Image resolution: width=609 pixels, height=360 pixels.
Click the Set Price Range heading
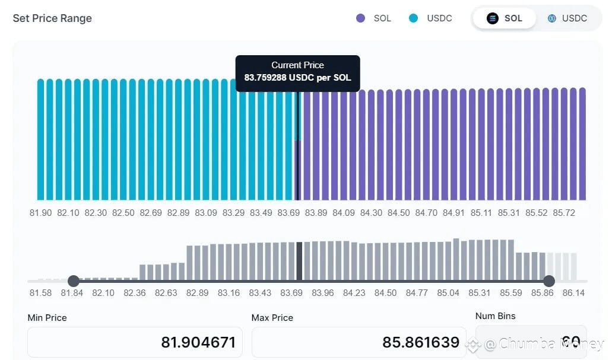coord(52,18)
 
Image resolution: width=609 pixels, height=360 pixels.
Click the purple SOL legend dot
coord(360,18)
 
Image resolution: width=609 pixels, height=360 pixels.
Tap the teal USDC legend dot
coord(414,18)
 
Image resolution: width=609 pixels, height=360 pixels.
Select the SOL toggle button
coord(505,18)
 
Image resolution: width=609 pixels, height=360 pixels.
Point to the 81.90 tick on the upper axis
coord(40,213)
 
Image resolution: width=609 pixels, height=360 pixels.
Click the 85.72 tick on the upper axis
coord(563,213)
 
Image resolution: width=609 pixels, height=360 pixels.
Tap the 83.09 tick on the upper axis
coord(206,213)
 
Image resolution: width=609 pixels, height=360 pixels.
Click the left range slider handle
coord(73,281)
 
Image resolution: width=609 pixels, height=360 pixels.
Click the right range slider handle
coord(549,281)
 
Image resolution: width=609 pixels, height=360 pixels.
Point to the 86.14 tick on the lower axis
coord(573,293)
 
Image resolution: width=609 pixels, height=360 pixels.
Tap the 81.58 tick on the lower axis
coord(40,293)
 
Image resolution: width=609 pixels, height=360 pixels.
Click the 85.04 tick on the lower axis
coord(448,293)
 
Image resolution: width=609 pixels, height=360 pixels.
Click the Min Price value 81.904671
coord(198,342)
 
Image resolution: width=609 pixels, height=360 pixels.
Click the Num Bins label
coord(496,316)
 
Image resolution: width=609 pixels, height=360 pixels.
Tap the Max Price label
coord(272,318)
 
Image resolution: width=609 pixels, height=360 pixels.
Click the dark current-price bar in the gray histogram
coord(300,262)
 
